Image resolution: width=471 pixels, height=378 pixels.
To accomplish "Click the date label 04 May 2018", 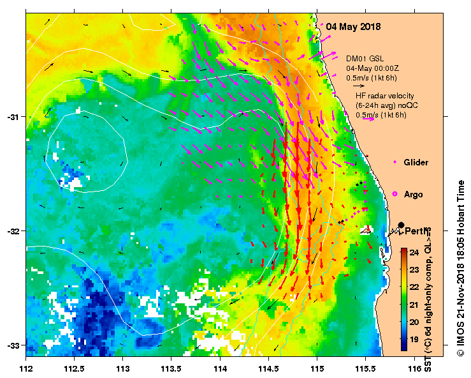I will coord(353,27).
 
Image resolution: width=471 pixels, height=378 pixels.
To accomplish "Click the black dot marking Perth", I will coord(401,225).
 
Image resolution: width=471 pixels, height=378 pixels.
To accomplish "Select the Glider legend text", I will coord(416,163).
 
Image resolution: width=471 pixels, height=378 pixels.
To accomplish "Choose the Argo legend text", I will coord(414,193).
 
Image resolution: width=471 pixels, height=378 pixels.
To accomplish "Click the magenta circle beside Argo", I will coord(395,193).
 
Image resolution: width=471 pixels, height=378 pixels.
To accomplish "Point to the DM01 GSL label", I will coord(365,58).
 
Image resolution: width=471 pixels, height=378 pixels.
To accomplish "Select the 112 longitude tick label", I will coord(26,368).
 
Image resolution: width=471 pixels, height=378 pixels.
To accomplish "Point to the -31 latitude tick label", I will coord(14,117).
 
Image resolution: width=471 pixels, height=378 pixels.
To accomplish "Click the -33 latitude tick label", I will coord(14,345).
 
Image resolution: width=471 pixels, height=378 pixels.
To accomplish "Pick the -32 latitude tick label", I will coord(14,231).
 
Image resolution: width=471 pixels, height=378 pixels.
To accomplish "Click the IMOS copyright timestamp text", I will coord(461,268).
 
